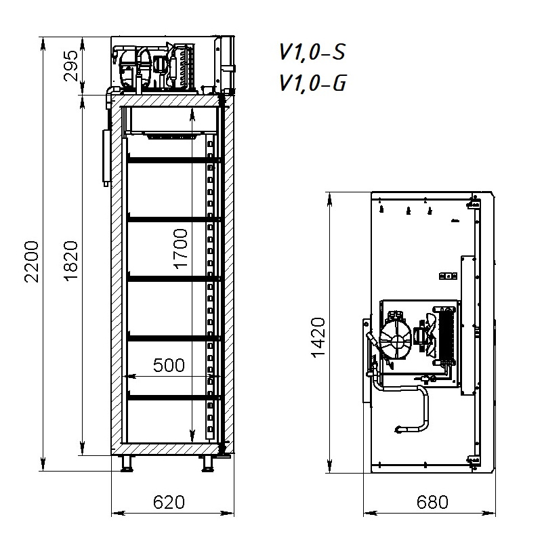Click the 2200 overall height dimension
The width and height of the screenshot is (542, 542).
click(31, 262)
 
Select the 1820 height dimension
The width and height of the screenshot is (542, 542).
click(72, 261)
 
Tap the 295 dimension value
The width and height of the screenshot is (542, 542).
click(71, 66)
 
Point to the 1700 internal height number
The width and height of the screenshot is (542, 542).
click(180, 249)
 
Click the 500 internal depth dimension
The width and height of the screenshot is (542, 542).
click(169, 365)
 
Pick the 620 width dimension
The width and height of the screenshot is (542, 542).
click(169, 502)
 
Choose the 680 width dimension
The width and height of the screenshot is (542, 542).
click(432, 502)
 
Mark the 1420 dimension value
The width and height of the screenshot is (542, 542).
click(318, 337)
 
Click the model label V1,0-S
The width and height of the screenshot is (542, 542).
click(312, 53)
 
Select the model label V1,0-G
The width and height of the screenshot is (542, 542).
click(312, 83)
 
